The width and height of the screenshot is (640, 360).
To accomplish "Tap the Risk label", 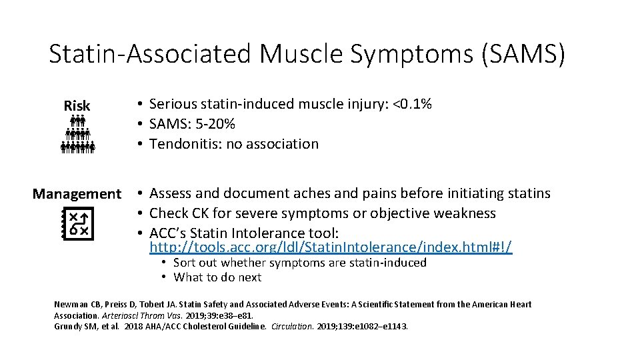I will [x=77, y=105].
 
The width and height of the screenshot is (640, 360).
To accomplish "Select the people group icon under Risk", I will [x=78, y=134].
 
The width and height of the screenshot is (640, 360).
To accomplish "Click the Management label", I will [x=77, y=194].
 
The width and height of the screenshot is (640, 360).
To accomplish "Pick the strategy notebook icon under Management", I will [x=78, y=223].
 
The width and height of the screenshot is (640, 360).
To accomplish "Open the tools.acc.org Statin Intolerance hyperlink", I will [x=331, y=247].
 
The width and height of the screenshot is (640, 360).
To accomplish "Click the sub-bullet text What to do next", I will [x=217, y=277].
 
